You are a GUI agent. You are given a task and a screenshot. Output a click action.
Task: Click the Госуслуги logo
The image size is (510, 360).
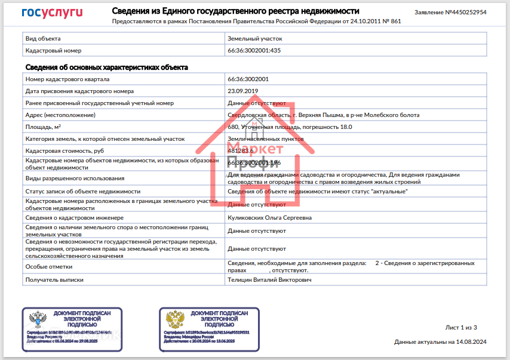52,13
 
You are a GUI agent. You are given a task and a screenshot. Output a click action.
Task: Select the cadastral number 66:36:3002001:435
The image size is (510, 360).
254,51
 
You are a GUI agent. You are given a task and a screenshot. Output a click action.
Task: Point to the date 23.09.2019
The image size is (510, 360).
243,91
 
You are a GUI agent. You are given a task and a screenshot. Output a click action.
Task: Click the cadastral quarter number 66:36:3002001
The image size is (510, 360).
248,79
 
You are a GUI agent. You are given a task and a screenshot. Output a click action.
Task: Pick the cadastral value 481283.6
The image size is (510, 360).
241,150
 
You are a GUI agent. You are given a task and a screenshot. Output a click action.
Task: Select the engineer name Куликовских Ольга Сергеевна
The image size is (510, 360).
270,218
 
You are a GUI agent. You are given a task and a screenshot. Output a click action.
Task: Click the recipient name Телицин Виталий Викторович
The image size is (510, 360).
270,279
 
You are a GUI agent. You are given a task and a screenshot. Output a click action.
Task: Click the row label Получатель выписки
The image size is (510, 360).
54,279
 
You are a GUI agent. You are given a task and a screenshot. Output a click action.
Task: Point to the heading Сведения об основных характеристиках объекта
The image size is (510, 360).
106,67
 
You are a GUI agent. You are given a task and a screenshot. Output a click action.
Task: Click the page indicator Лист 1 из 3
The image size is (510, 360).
461,328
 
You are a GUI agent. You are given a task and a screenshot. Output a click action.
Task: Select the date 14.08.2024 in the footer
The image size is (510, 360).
471,342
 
